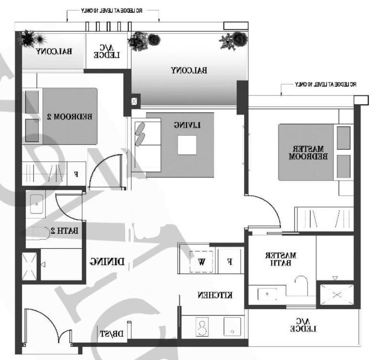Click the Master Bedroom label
point(308,152)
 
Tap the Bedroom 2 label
point(70,116)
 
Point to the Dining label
point(108,261)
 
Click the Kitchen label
point(215,295)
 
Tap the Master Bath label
point(281,259)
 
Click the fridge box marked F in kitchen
point(230,261)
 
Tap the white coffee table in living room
point(187,145)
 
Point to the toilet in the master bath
point(300,285)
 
